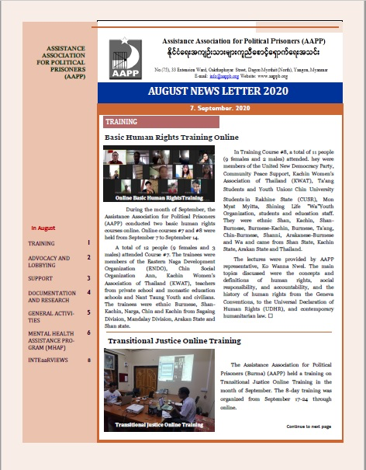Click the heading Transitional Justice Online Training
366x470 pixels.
click(175, 340)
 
